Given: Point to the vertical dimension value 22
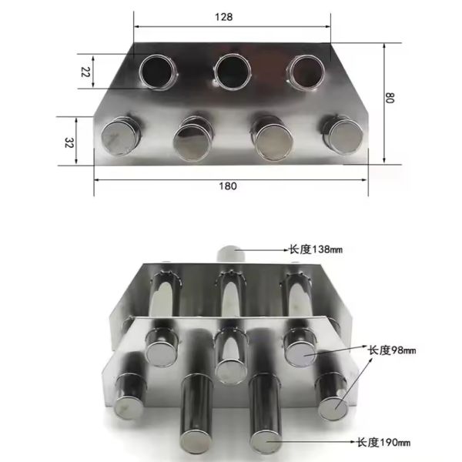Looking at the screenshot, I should pyautogui.click(x=85, y=72).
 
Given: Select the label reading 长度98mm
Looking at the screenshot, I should pyautogui.click(x=392, y=350).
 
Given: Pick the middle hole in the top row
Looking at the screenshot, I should pyautogui.click(x=233, y=72).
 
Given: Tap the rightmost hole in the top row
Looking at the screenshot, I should pyautogui.click(x=305, y=72).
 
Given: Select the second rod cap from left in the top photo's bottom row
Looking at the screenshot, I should pyautogui.click(x=192, y=139).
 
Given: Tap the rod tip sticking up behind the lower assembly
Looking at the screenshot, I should pyautogui.click(x=230, y=252).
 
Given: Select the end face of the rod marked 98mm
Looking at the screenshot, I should pyautogui.click(x=301, y=352).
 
